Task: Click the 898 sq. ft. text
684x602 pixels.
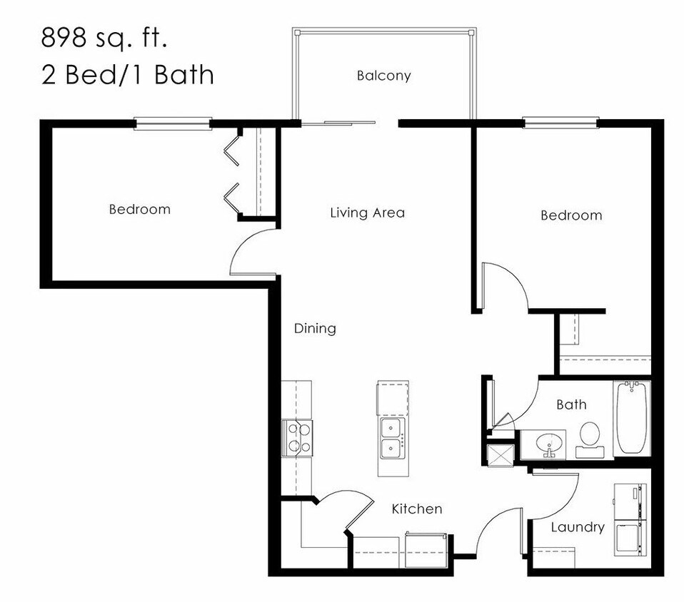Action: coord(104,38)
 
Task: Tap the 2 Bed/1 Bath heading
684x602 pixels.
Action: coord(127,74)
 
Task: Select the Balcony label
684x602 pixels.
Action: coord(383,76)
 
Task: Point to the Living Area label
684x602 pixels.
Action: coord(367,213)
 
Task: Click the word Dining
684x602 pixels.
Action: coord(315,329)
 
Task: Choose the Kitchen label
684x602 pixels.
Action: coord(417,509)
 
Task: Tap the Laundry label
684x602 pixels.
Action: coord(578,527)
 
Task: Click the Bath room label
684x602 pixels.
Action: coord(571,405)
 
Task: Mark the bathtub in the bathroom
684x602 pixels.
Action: coord(631,418)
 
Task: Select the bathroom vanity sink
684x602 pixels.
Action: coord(549,443)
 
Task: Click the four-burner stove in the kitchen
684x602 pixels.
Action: coord(298,438)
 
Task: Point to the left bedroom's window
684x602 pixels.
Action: coord(173,124)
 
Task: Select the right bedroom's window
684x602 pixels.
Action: coord(560,123)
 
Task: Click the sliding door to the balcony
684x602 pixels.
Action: coord(338,123)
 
